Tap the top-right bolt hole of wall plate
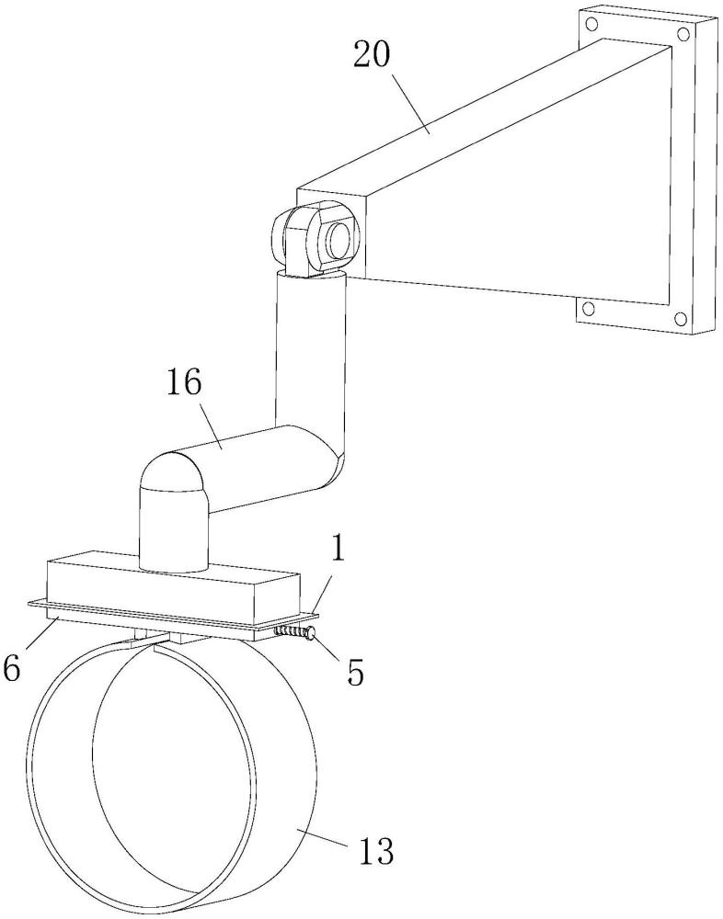pos(683,34)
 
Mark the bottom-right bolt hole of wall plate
pos(681,319)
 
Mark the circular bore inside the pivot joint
pos(337,241)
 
